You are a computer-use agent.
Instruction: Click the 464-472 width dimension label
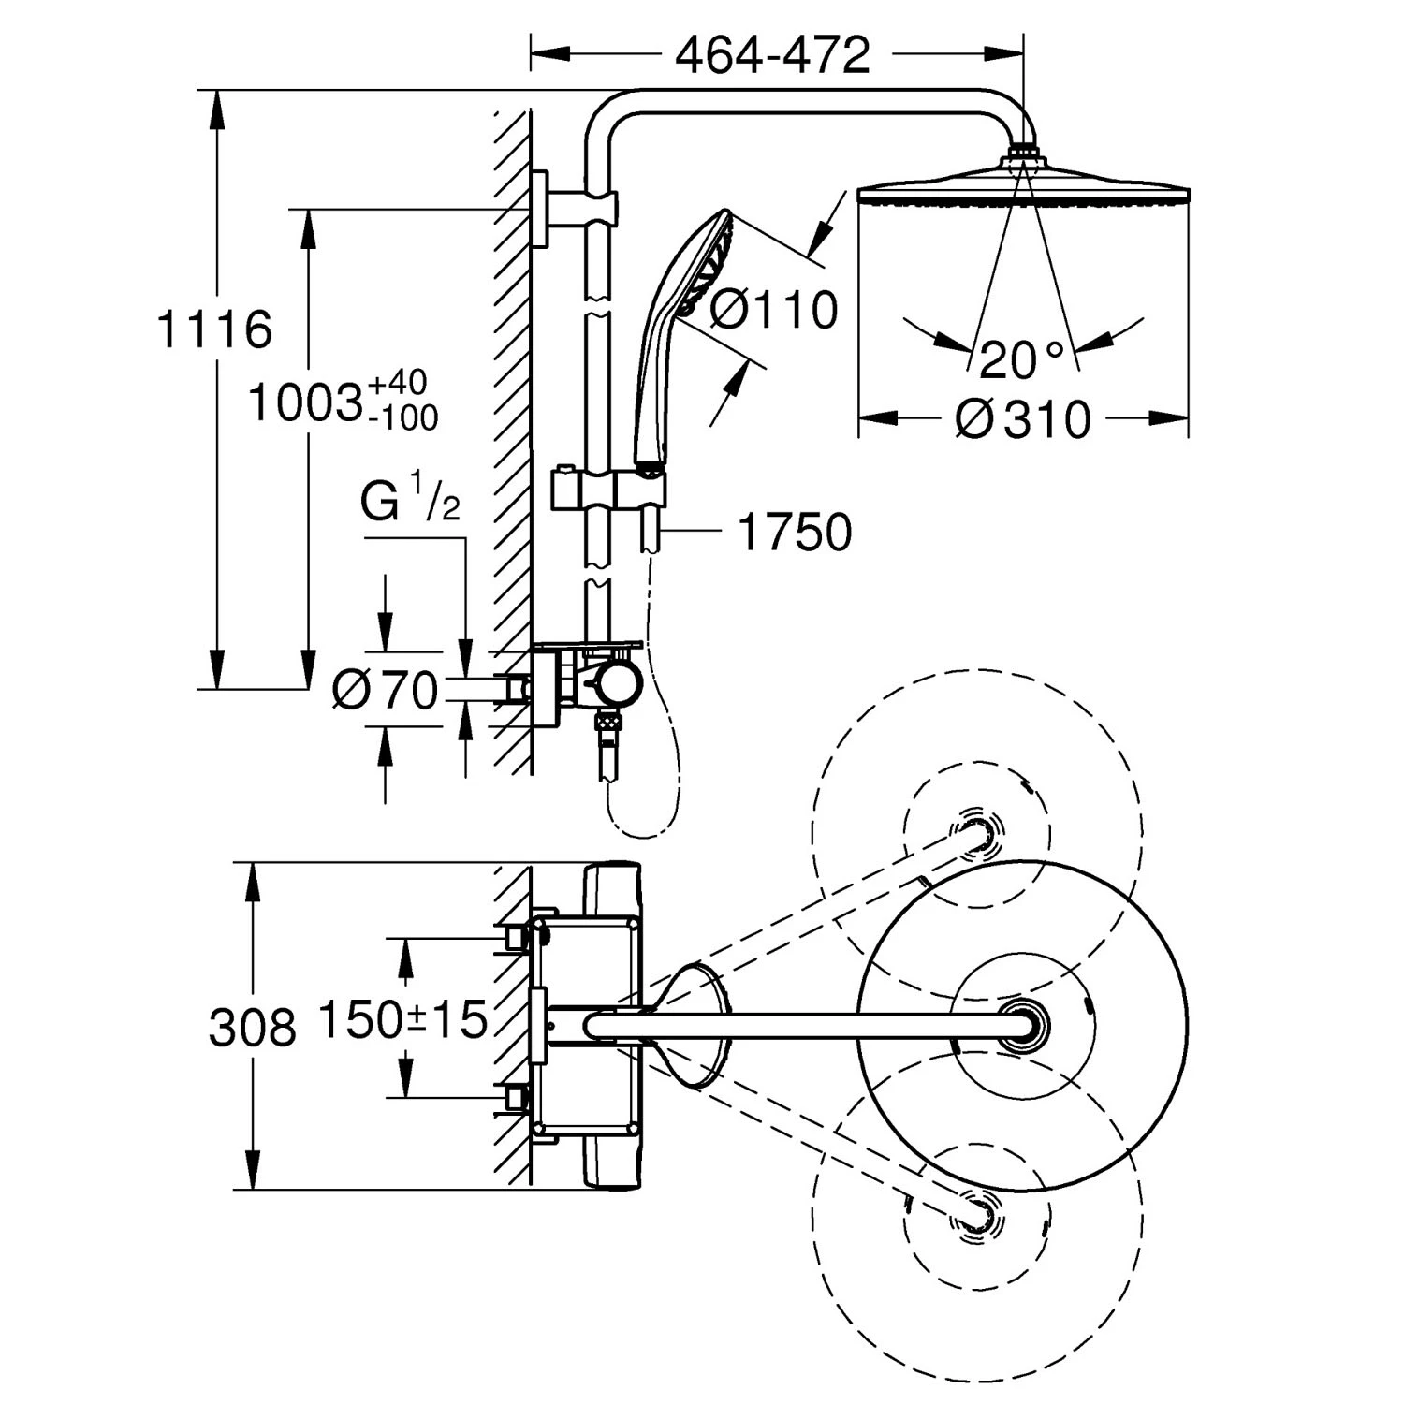click(773, 56)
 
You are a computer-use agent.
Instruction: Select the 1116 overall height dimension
click(214, 329)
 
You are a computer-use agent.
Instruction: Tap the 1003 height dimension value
click(305, 402)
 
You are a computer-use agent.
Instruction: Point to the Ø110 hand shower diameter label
click(773, 309)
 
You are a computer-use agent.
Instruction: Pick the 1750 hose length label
click(795, 532)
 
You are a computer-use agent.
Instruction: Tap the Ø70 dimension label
click(386, 691)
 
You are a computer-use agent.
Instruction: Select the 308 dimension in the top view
click(253, 1027)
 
